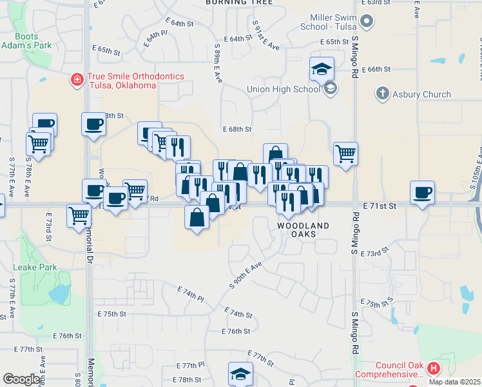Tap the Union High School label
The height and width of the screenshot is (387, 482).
(x=284, y=89)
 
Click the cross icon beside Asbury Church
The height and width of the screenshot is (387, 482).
(x=381, y=94)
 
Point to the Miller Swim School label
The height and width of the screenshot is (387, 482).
(x=329, y=21)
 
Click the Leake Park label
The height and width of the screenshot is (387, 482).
(x=35, y=267)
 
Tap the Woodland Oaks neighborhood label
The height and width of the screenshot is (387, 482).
(x=303, y=230)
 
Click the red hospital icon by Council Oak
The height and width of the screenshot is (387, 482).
(x=433, y=369)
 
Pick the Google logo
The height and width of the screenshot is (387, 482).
(x=21, y=379)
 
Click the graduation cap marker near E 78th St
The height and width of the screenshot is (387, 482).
(x=240, y=373)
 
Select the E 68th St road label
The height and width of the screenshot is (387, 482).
(x=237, y=130)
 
